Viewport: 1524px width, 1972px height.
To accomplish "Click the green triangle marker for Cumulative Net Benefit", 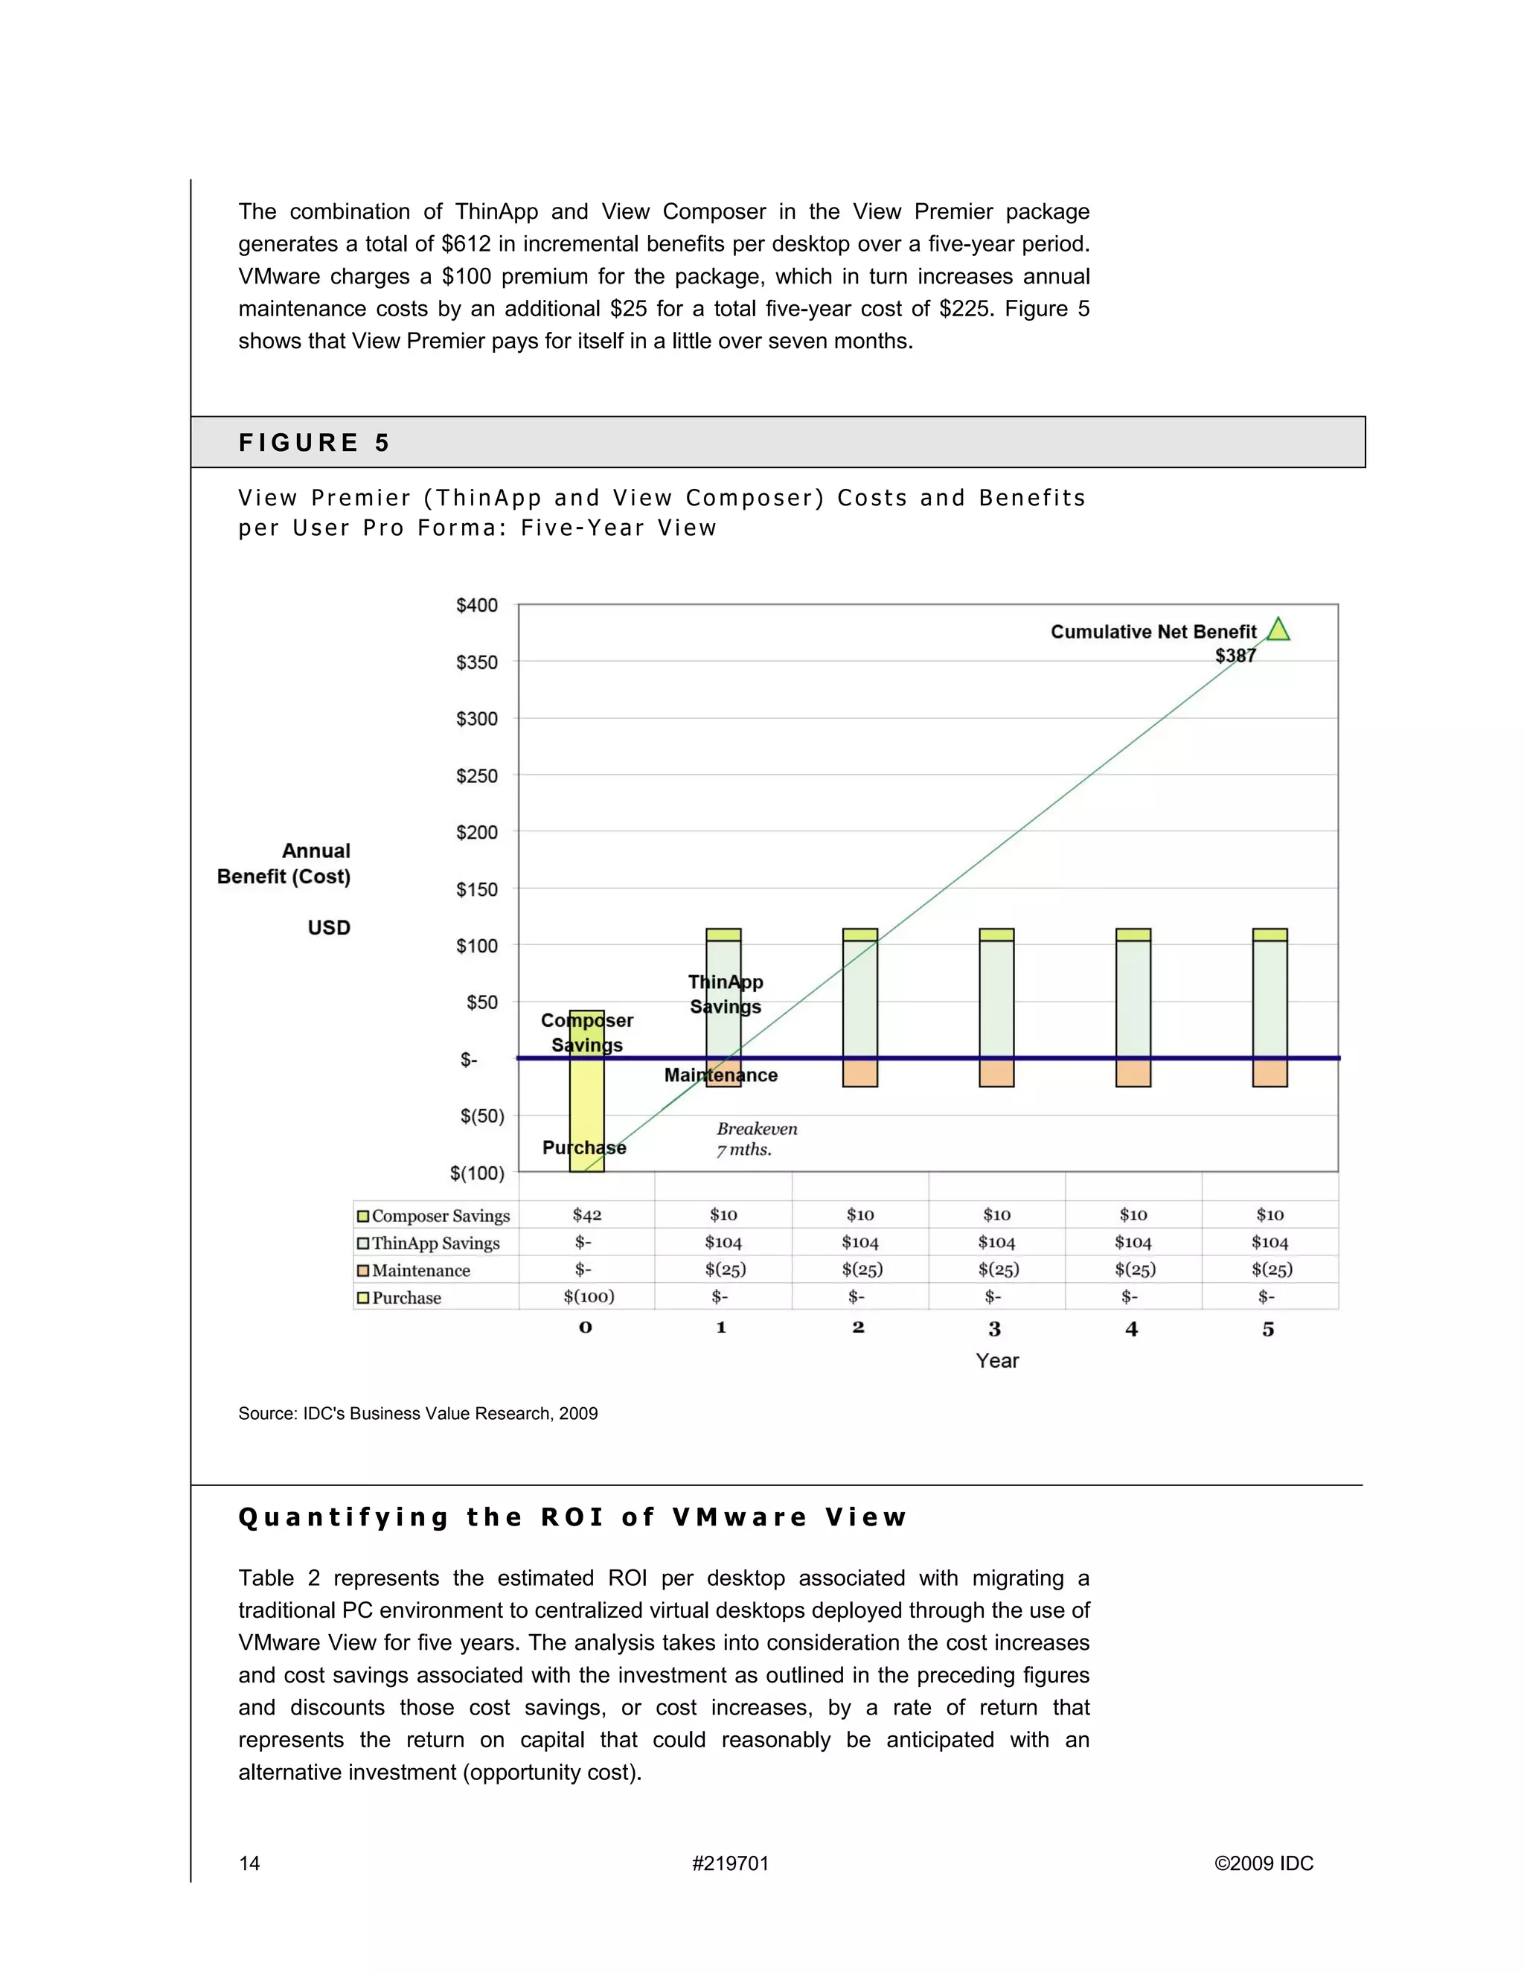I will pyautogui.click(x=1278, y=630).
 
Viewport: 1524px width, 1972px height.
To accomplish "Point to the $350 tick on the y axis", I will pyautogui.click(x=477, y=662).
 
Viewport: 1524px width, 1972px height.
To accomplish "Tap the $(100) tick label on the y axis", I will pyautogui.click(x=477, y=1173).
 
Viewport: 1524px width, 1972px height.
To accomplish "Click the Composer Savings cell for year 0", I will pyautogui.click(x=587, y=1215).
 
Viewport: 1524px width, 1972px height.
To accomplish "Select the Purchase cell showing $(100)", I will pyautogui.click(x=589, y=1296).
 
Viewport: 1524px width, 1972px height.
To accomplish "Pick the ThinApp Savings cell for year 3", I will pyautogui.click(x=996, y=1243).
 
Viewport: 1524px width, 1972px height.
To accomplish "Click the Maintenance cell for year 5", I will pyautogui.click(x=1271, y=1270).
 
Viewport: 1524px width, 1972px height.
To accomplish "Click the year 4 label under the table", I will pyautogui.click(x=1131, y=1329).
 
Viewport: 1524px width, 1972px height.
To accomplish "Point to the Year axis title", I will pyautogui.click(x=996, y=1361).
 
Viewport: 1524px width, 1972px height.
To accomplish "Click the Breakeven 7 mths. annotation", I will pyautogui.click(x=757, y=1139).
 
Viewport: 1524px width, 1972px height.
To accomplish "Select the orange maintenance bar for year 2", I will pyautogui.click(x=859, y=1072).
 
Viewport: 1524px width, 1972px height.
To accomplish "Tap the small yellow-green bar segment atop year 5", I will pyautogui.click(x=1270, y=935).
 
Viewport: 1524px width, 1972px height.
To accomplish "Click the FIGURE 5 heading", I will pyautogui.click(x=313, y=443).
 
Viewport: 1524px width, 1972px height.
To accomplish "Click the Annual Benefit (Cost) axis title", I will pyautogui.click(x=284, y=863).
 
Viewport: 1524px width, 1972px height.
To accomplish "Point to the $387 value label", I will pyautogui.click(x=1235, y=656).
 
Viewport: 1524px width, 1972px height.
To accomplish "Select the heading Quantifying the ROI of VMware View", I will pyautogui.click(x=572, y=1517).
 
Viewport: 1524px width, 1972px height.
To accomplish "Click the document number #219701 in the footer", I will pyautogui.click(x=729, y=1863).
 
